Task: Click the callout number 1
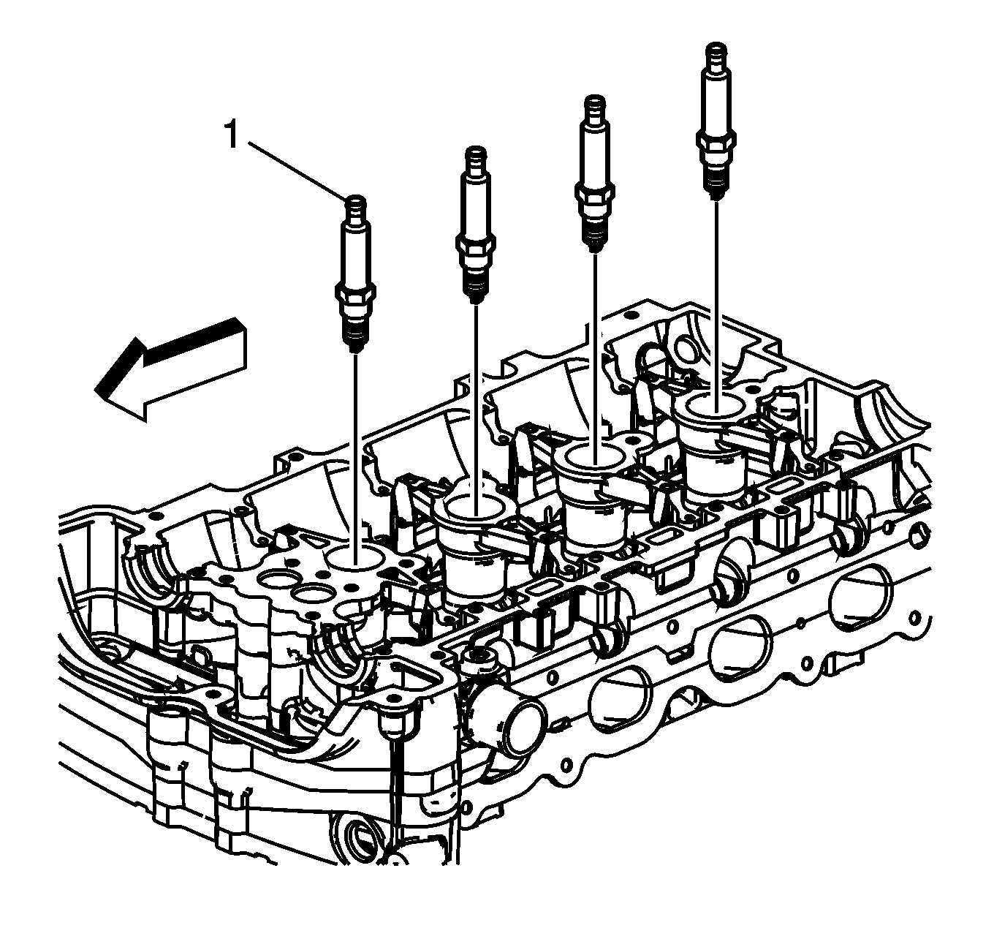click(231, 135)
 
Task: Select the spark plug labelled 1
click(355, 274)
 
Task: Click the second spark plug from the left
click(476, 225)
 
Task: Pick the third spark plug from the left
click(595, 174)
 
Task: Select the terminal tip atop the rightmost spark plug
click(716, 54)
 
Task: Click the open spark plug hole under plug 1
click(353, 558)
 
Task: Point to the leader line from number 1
click(297, 171)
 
